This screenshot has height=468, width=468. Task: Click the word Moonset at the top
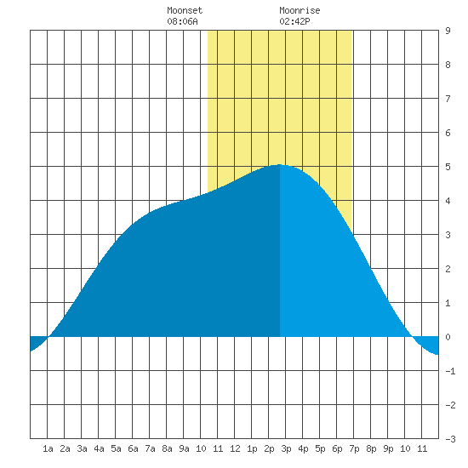tap(185, 10)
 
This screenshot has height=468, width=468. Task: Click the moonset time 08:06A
tap(182, 21)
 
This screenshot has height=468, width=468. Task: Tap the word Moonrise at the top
tap(300, 10)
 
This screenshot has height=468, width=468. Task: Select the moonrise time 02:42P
tap(294, 21)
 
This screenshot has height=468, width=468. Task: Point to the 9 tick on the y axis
tap(448, 31)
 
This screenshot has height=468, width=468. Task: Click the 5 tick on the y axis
tap(448, 167)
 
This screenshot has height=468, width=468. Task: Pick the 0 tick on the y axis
tap(448, 337)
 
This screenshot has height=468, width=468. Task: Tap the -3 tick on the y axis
tap(450, 439)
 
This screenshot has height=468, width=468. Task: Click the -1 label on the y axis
tap(450, 371)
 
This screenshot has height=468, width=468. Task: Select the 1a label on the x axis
tap(48, 448)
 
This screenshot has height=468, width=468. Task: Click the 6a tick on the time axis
tap(133, 448)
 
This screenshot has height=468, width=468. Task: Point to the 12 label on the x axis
tap(235, 448)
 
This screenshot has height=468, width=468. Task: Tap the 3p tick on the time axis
tap(286, 448)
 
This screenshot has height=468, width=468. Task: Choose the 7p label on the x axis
tap(354, 448)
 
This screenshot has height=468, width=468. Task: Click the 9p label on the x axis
tap(388, 448)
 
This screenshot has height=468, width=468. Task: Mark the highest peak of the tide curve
tap(280, 164)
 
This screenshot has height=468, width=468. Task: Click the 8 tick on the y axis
tap(448, 65)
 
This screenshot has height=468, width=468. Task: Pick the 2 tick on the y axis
tap(448, 269)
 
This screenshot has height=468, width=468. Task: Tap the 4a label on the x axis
tap(99, 448)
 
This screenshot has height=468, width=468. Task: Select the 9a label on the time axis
tap(184, 448)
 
